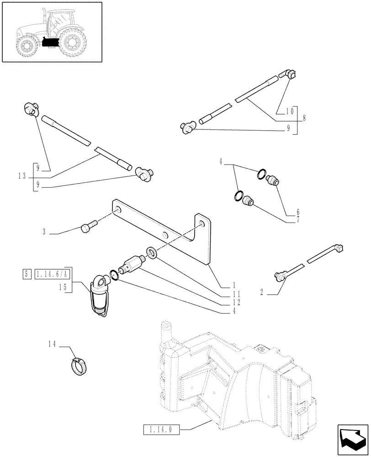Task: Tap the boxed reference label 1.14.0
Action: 161,429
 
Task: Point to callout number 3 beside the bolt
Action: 44,232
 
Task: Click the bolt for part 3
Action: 87,227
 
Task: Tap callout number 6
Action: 298,212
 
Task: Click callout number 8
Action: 303,117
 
